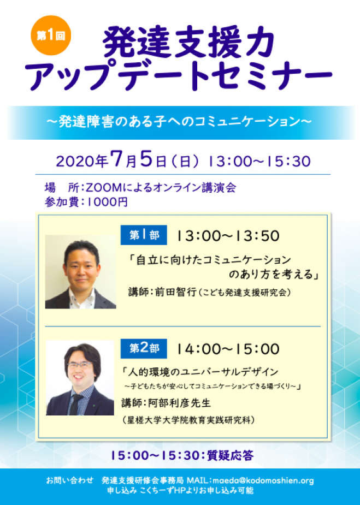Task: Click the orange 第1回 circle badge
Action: click(51, 35)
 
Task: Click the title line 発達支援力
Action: click(189, 43)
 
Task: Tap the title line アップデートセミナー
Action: click(181, 75)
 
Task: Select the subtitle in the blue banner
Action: click(180, 122)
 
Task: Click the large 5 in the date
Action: click(146, 159)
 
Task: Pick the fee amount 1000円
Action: click(108, 202)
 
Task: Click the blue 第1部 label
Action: click(144, 235)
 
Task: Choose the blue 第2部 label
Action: click(144, 348)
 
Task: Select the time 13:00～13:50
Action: click(228, 236)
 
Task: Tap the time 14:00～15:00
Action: click(228, 349)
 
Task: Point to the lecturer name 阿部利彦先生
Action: click(179, 403)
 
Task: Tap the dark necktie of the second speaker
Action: click(76, 404)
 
